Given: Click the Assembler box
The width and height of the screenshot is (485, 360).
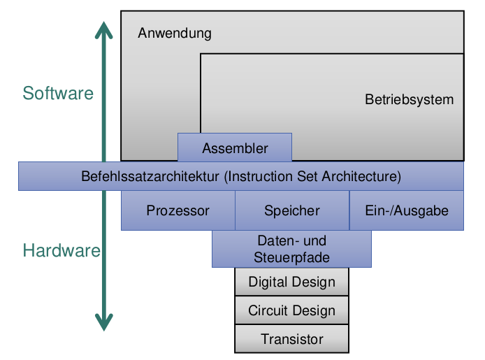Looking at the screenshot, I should pos(235,148).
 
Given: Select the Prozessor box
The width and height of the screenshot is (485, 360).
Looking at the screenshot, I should pos(178,210).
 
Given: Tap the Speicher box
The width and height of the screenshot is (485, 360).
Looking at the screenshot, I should pos(292,210).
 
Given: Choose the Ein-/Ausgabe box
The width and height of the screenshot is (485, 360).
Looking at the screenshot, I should pos(407,210).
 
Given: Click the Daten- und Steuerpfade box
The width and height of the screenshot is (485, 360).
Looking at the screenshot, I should pos(291,249).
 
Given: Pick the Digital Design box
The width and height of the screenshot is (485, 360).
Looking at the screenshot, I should pos(291,282).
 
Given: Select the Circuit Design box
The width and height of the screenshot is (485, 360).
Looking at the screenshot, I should pos(291,310).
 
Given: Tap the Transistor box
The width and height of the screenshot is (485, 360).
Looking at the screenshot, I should pos(291,340).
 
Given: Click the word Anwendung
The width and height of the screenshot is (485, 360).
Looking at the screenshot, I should pos(175,34).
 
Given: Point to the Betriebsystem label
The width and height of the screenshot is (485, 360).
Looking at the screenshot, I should pos(409,99).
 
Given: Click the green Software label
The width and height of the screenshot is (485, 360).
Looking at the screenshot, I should pos(58,93).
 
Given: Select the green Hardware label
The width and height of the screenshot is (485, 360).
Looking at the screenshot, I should pos(61,251).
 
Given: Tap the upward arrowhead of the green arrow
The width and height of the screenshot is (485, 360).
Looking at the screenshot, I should pos(104,30).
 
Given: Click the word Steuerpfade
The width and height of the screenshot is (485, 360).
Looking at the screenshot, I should pos(291,257).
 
